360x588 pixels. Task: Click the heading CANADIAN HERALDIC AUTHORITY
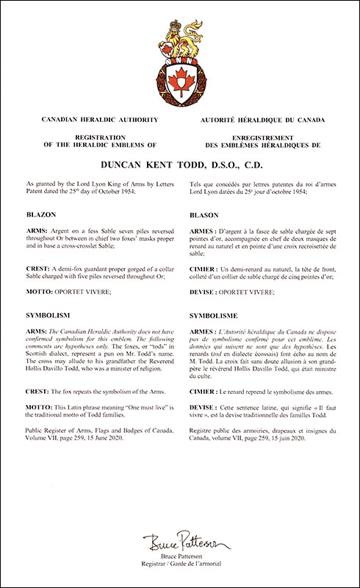(x=92, y=118)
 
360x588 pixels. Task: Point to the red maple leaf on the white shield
(x=179, y=77)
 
